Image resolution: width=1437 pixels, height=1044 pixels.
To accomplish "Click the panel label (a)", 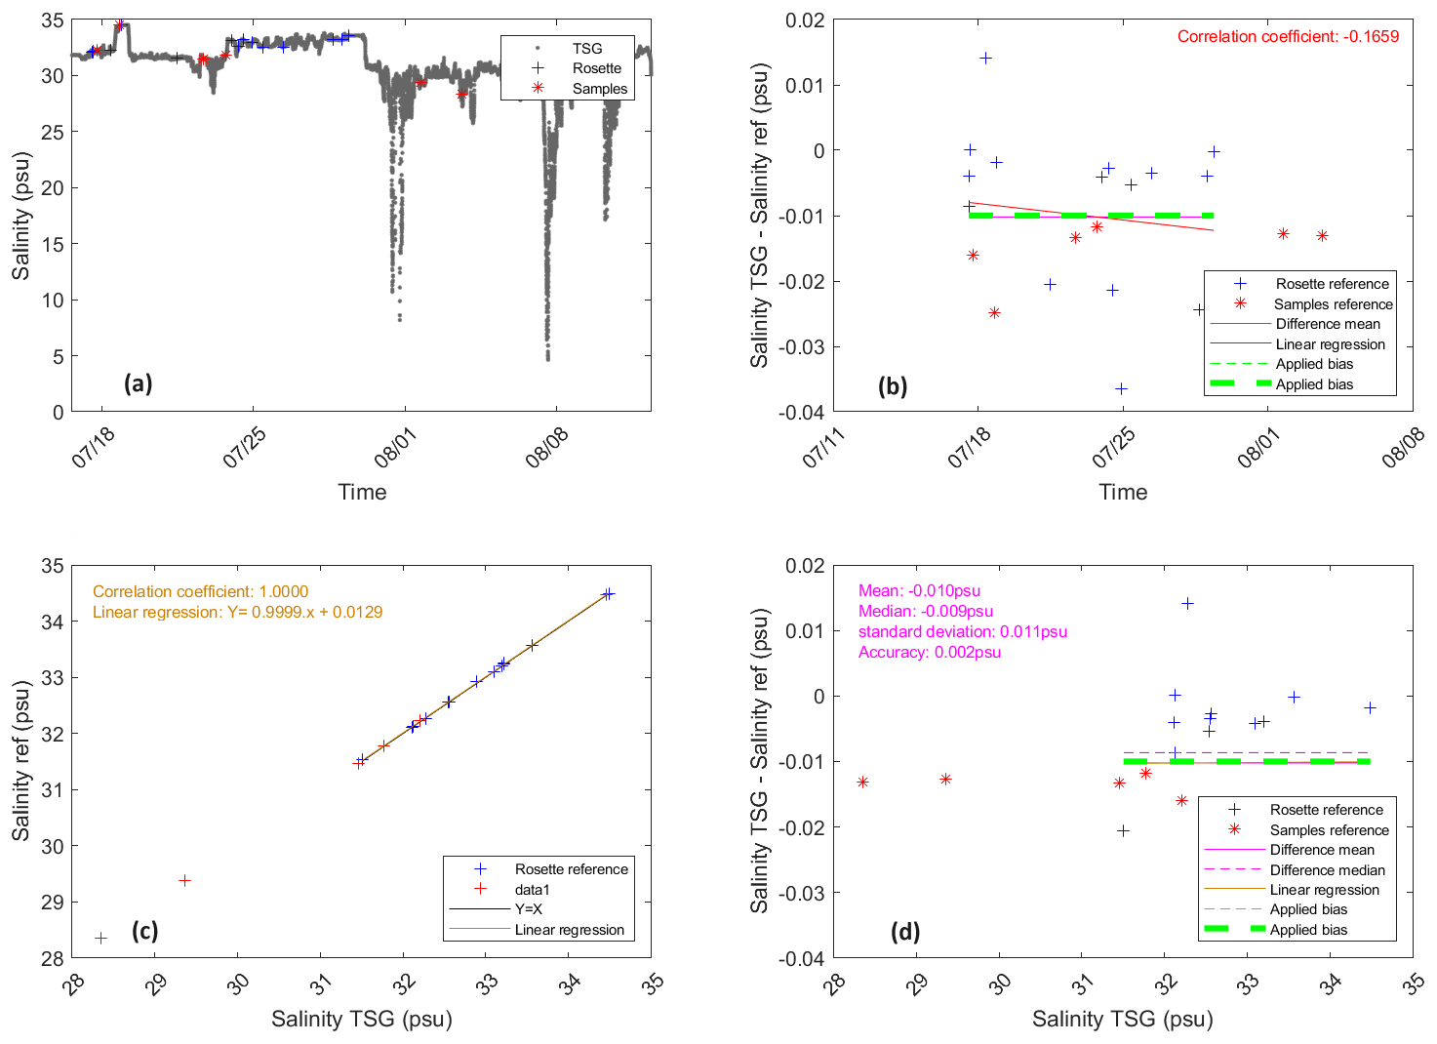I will pos(138,383).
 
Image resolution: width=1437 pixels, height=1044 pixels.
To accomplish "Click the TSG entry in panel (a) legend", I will pos(586,48).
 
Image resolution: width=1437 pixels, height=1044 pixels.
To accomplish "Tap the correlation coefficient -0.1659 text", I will pos(1287,36).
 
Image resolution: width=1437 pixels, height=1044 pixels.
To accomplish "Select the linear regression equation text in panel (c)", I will pos(237,612).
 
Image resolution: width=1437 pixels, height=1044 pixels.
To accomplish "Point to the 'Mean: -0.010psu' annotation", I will pos(919,590).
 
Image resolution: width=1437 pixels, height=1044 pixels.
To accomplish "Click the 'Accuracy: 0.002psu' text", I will pos(929,652).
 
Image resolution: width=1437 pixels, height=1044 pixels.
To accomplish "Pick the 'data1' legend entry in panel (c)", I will pos(532,889).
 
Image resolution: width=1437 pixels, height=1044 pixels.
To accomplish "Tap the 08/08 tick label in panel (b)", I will pos(1403,448).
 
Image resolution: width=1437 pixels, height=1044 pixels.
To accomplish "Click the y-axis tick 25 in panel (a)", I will pos(52,132).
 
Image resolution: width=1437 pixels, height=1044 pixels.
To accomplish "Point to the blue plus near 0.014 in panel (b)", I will pos(985,58).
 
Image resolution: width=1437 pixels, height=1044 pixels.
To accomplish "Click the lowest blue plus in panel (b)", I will pos(1121,388).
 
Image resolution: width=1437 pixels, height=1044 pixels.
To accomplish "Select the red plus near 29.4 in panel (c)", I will pos(184,880).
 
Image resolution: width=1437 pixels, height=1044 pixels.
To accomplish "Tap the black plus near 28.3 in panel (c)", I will pos(100,938).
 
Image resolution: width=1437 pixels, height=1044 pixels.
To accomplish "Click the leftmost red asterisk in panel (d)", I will pos(862,782).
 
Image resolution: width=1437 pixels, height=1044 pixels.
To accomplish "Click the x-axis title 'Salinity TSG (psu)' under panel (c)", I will pos(362,1019).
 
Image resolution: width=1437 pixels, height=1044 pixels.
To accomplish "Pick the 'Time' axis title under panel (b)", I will pos(1123,492).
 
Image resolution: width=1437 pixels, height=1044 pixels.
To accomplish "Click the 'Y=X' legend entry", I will pos(528,908).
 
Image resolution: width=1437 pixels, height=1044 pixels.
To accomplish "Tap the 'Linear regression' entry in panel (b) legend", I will pos(1330,343).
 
